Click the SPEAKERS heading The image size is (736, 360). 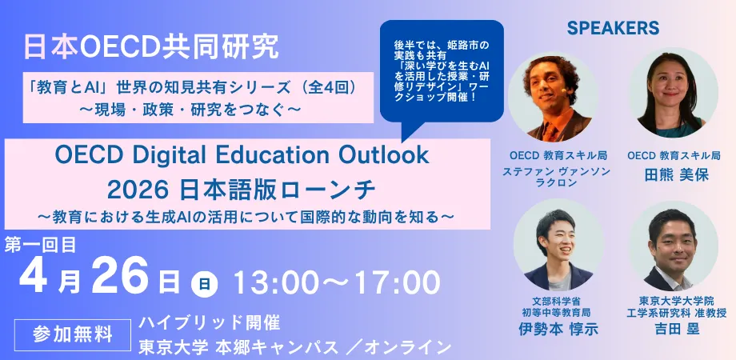tap(613, 28)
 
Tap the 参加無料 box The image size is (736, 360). tap(73, 335)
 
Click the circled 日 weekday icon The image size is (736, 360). tap(204, 284)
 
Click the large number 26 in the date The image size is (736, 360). tap(120, 277)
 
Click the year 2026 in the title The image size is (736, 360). tap(137, 190)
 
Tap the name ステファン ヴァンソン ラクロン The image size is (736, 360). tap(557, 177)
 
